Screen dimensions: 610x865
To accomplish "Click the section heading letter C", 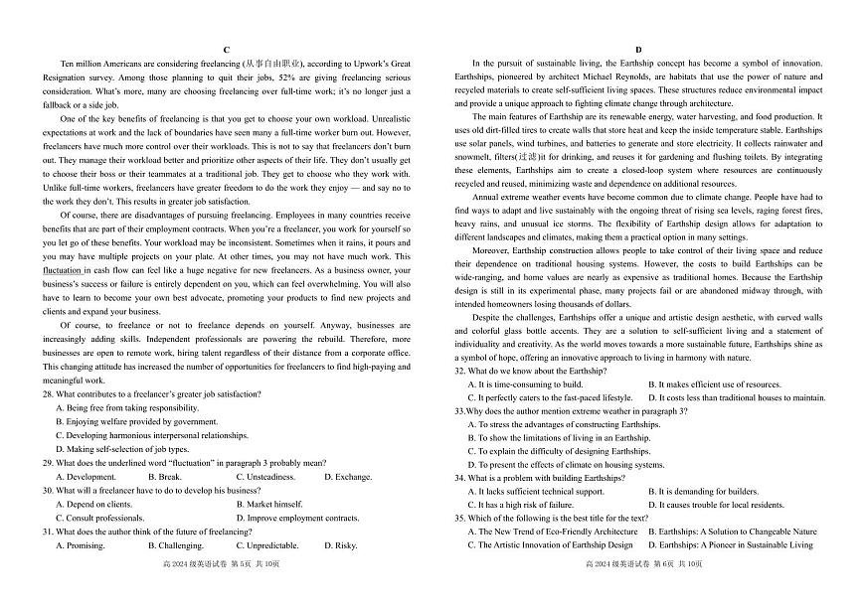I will click(x=227, y=49).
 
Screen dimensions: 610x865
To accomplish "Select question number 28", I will click(x=47, y=393).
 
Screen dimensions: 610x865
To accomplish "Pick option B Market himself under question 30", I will click(x=269, y=504).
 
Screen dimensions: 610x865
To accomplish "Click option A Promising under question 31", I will click(x=86, y=545).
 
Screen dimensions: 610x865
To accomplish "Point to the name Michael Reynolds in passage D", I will click(x=617, y=76).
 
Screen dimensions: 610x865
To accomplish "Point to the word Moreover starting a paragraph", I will click(x=491, y=251).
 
